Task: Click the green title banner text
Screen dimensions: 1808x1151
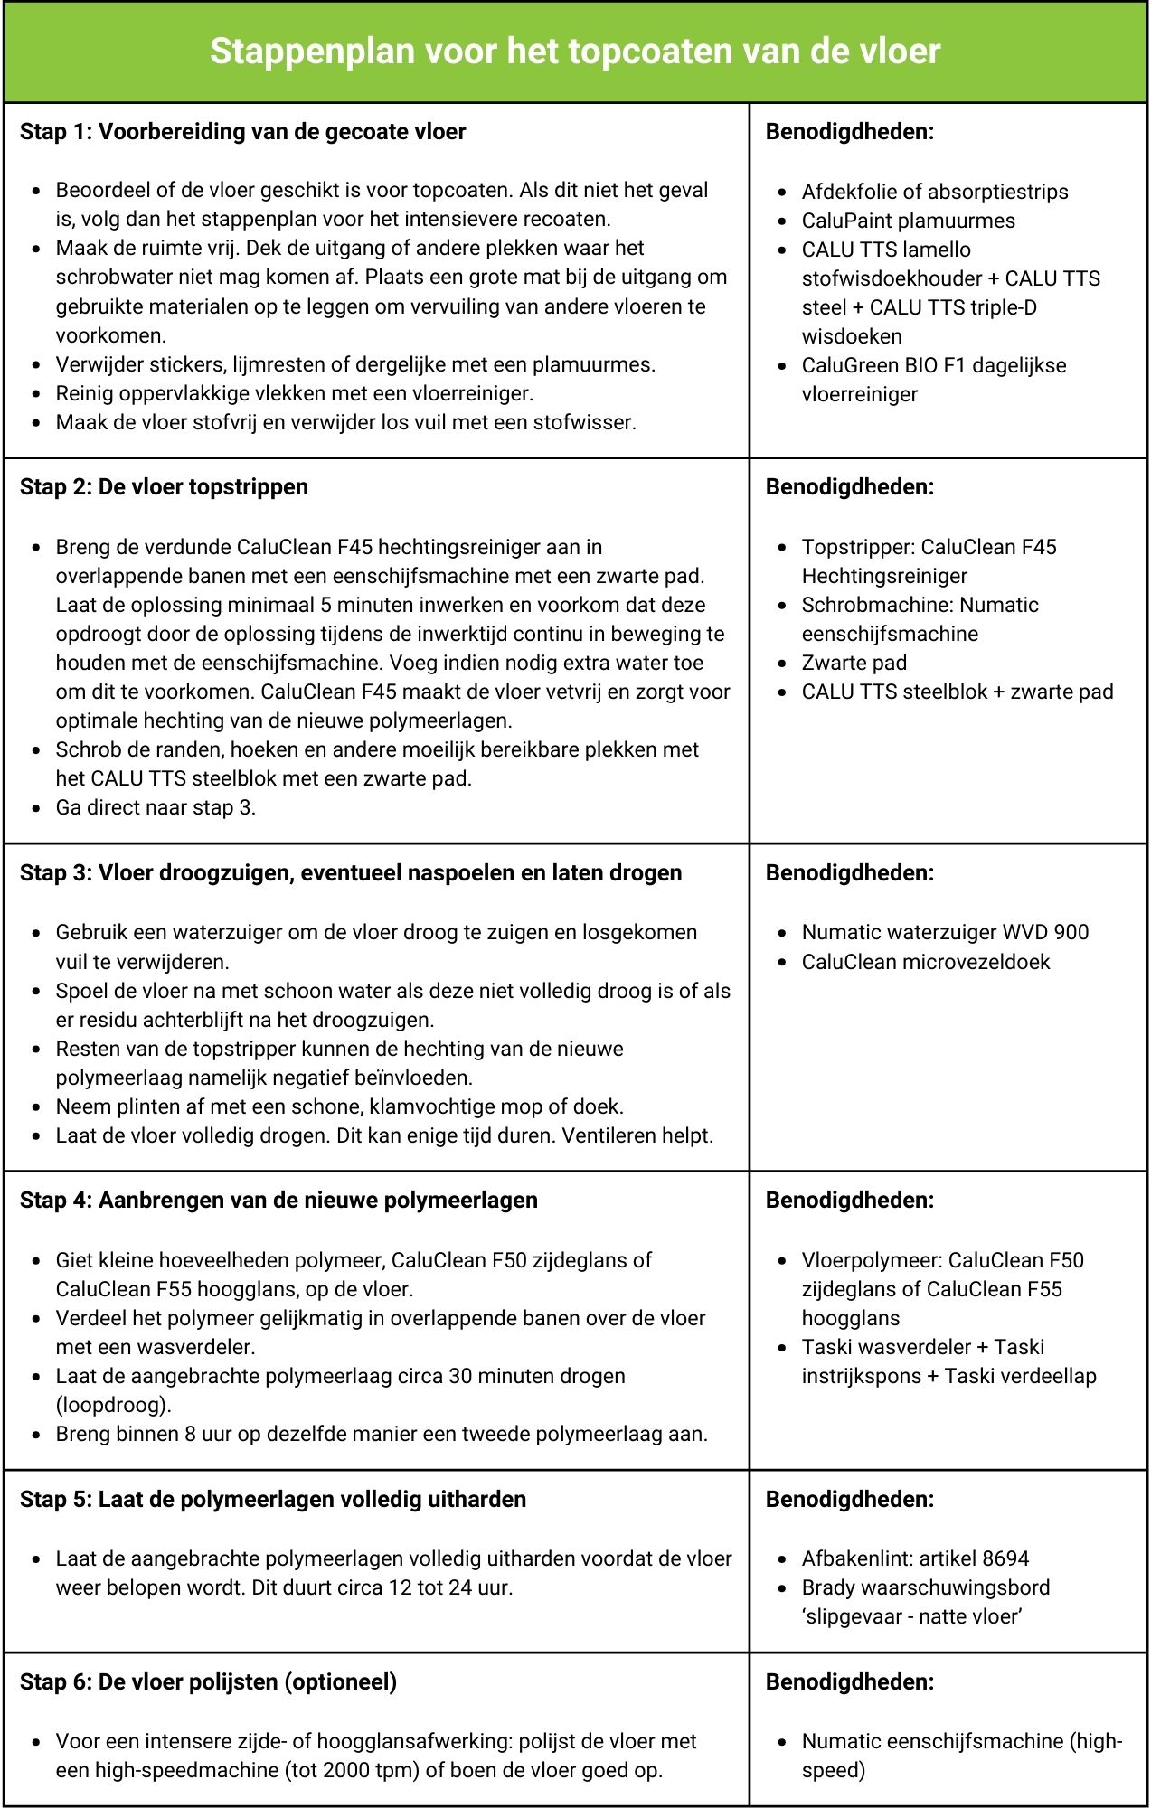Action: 575,51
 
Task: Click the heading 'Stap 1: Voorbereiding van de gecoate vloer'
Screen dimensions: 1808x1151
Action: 242,132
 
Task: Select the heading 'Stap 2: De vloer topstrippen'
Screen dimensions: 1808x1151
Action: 164,487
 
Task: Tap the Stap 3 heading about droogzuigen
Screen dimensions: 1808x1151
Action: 351,873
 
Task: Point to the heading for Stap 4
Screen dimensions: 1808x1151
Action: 278,1201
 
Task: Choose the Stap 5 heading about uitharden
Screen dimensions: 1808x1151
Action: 273,1500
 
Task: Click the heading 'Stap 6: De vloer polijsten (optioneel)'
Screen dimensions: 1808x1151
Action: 208,1682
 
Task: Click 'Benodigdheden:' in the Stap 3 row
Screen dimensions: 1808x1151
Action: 849,873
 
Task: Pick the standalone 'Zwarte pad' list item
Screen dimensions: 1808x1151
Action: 854,663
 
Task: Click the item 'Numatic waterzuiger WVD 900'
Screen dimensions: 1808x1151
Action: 945,932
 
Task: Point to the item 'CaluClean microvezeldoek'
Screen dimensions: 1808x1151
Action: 925,961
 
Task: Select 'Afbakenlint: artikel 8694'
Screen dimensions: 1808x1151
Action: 915,1558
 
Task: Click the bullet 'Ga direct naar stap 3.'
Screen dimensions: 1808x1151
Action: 156,807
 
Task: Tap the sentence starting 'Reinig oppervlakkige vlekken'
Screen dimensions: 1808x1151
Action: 294,393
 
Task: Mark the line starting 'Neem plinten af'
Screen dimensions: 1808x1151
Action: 339,1106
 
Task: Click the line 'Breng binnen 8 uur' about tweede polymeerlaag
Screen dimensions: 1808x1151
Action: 381,1434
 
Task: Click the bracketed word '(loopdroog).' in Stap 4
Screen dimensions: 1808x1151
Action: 113,1405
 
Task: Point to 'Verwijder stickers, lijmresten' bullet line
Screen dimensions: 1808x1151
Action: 355,364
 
